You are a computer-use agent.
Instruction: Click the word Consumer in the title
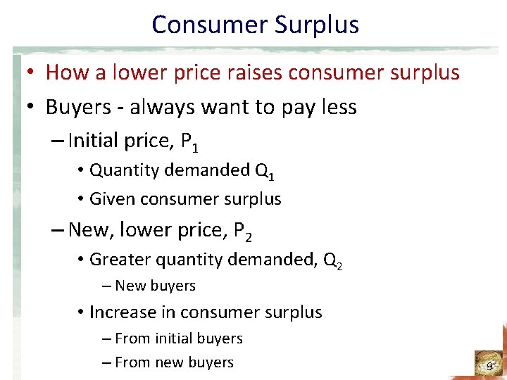point(204,25)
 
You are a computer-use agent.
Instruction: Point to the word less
point(338,107)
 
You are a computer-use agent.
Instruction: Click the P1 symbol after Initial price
point(189,143)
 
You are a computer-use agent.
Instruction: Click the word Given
point(113,199)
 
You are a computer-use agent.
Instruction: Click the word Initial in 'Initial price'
point(93,141)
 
